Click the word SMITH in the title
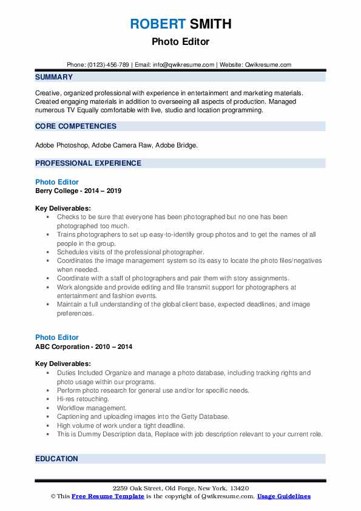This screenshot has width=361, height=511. (x=209, y=24)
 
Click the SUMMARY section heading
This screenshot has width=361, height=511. (x=54, y=78)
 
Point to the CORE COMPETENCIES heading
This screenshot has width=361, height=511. (x=76, y=126)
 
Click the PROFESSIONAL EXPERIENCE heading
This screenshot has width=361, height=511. (x=88, y=163)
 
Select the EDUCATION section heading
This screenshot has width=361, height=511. (x=56, y=459)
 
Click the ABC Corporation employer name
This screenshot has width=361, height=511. (x=62, y=347)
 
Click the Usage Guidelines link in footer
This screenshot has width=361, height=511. (x=283, y=496)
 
